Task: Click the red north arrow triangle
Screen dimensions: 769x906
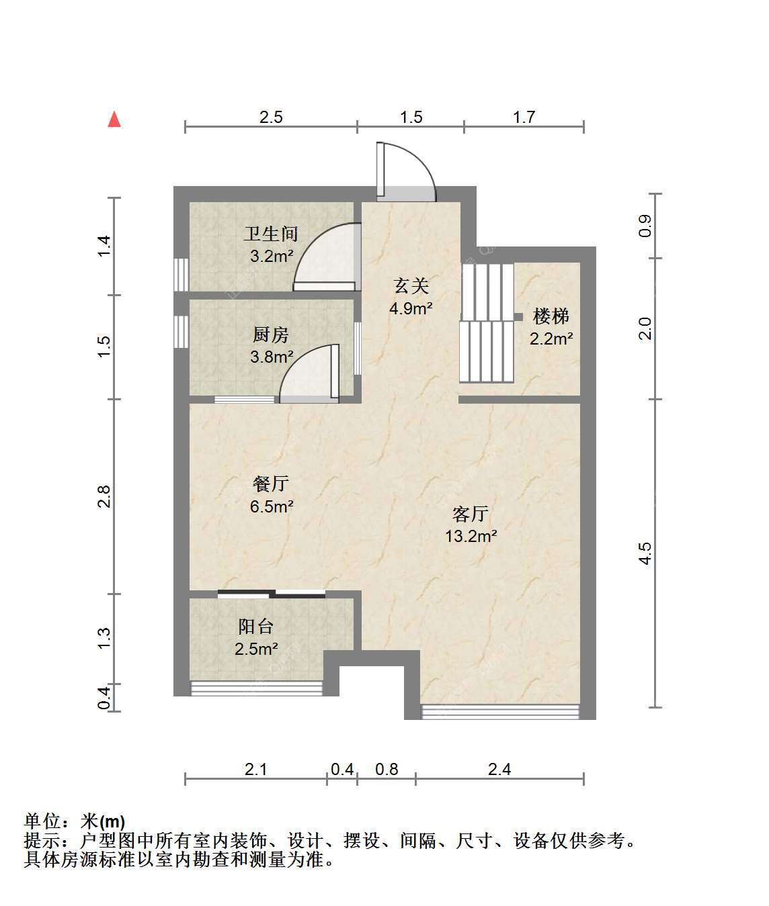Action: pos(114,120)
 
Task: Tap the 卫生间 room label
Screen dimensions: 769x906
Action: pos(271,234)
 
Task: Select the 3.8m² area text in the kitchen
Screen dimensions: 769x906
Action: pos(272,357)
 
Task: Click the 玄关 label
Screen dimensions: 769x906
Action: pos(411,286)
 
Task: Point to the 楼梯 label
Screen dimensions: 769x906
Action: pos(551,316)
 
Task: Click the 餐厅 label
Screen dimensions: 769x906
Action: pos(271,484)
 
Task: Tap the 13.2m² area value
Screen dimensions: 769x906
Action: pos(471,536)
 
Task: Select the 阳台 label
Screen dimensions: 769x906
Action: pos(256,627)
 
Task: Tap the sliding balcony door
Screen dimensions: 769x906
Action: pos(272,594)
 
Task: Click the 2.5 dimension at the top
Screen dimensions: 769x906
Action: pos(271,117)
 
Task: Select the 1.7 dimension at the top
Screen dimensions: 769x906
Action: pos(524,117)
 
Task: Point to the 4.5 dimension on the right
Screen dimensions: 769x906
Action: pos(645,553)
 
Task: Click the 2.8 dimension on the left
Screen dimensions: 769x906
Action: pos(104,496)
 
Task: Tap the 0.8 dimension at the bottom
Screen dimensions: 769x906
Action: pos(387,769)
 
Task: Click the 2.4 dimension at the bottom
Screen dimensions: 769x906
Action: pos(499,769)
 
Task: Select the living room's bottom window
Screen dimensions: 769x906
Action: pos(500,712)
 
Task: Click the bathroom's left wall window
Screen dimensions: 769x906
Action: pos(181,275)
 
